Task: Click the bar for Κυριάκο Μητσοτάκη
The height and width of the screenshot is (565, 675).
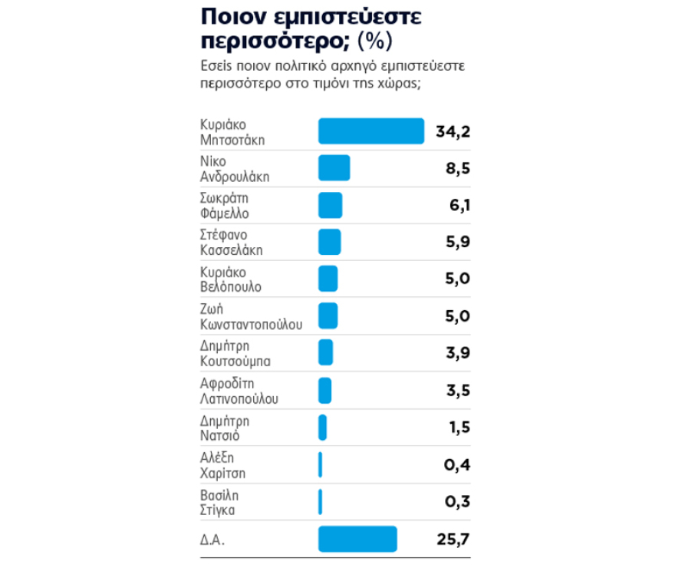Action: pos(371,131)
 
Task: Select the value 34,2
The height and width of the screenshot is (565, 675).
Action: pos(453,131)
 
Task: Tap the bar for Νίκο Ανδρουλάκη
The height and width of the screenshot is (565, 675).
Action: pos(334,167)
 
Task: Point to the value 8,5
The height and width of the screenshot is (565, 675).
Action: pos(457,168)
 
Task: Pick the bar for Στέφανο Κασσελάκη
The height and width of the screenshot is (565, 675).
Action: pos(329,242)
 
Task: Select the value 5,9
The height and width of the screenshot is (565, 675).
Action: pos(457,242)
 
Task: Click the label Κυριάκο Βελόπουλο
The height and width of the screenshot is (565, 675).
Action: pos(230,279)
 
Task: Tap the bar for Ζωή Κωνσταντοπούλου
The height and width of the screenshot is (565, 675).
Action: pos(328,316)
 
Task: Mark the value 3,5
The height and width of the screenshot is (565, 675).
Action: pos(457,389)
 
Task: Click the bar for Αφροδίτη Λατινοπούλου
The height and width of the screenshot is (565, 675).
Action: pos(324,389)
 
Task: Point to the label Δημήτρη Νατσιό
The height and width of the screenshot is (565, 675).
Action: pos(224,427)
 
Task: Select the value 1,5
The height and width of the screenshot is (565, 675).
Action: pos(459,427)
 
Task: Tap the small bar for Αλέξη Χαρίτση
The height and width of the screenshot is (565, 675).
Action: pos(320,464)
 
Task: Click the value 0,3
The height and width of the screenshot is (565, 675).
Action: pos(457,501)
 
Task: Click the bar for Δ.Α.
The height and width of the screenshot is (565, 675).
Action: pos(357,538)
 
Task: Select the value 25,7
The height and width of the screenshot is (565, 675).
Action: pos(453,538)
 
